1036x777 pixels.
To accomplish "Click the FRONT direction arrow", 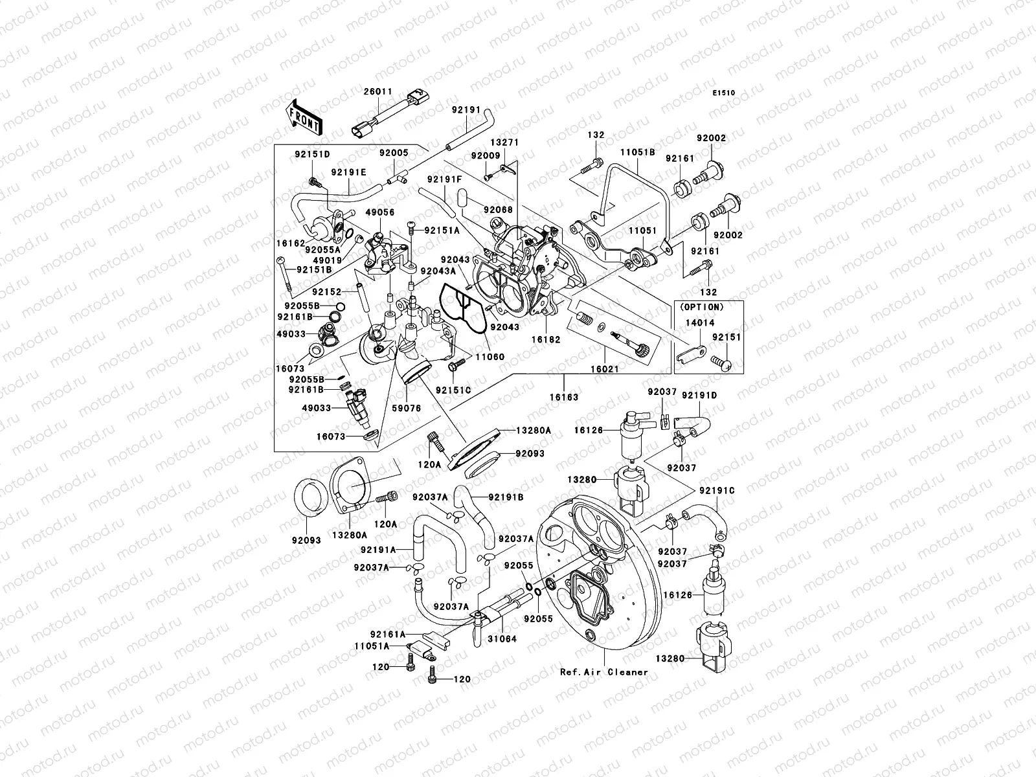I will click(x=304, y=117).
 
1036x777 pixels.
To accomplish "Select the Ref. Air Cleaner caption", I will click(x=603, y=671).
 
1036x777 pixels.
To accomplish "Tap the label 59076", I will click(x=406, y=408).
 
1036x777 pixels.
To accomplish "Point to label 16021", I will click(x=605, y=366).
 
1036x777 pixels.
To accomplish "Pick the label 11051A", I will click(x=372, y=646).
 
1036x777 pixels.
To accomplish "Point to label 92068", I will click(x=498, y=210).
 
